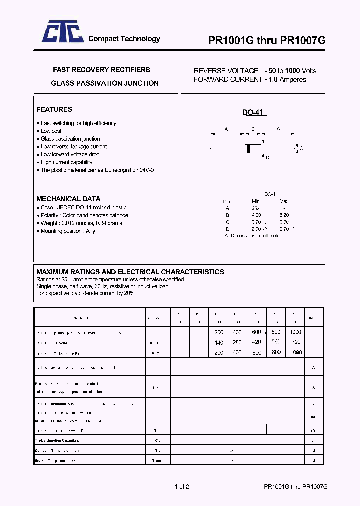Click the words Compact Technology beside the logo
click(x=124, y=39)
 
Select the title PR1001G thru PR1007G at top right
click(x=267, y=41)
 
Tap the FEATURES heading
click(x=54, y=109)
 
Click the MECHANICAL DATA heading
click(x=68, y=199)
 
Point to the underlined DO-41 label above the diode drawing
click(x=254, y=113)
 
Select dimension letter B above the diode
click(x=253, y=129)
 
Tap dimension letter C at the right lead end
click(x=301, y=148)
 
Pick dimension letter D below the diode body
click(x=267, y=158)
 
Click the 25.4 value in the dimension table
click(x=257, y=208)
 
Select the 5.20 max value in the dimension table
click(x=284, y=215)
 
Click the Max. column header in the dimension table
click(x=284, y=201)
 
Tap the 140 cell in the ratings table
click(x=219, y=342)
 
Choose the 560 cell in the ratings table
click(x=276, y=342)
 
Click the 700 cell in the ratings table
click(x=295, y=342)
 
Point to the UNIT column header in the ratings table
click(x=312, y=318)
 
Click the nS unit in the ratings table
click(x=313, y=430)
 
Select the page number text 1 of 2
click(x=182, y=486)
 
